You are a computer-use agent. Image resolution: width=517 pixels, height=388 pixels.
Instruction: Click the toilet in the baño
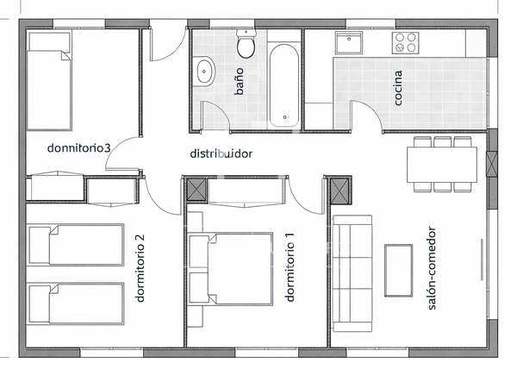coord(246,44)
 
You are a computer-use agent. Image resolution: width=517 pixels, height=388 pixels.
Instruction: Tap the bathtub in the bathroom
coord(284,85)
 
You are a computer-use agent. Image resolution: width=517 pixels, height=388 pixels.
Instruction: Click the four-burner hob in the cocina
coord(405,43)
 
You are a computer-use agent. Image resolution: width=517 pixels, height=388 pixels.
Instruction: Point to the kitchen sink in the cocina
coord(349,43)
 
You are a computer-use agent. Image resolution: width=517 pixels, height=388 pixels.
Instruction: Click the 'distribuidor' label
coord(221,153)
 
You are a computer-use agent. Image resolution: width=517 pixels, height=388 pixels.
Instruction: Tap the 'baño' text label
coord(240,82)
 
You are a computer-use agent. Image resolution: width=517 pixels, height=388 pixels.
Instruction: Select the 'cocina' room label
coord(398,88)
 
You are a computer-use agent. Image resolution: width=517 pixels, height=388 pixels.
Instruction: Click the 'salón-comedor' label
coord(432,268)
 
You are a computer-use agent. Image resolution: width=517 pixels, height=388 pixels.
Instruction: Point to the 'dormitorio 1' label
coord(290,267)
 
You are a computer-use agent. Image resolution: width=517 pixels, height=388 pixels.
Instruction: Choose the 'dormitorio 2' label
coord(140,268)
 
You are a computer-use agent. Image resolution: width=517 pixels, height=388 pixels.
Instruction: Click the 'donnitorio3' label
coord(78,147)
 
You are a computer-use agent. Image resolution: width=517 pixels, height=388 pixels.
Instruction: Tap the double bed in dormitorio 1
coord(230,269)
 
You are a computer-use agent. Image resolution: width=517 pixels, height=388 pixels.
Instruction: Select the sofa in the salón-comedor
coord(352,273)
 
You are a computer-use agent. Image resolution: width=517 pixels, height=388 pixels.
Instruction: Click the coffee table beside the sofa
coord(398,271)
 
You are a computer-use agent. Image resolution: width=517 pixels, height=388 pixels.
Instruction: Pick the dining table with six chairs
coord(442,165)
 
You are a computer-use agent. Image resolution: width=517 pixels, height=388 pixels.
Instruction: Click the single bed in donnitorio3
coord(49,81)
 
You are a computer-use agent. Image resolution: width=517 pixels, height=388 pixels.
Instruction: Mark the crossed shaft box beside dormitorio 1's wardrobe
coord(196,190)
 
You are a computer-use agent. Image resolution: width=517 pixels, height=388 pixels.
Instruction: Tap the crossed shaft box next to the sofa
coord(339,191)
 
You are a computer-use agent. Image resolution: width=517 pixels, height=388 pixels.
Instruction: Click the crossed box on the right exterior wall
coord(492,164)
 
